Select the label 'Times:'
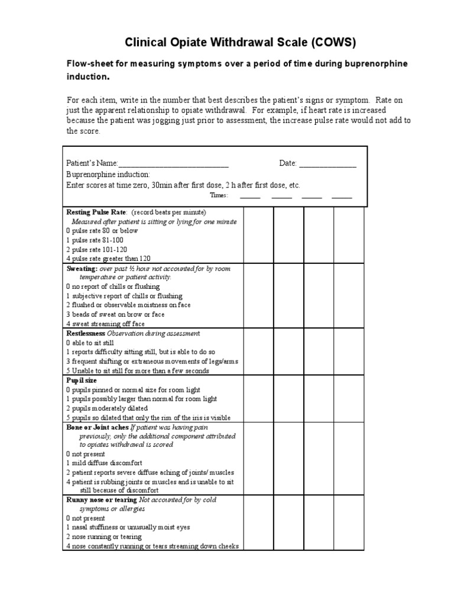pyautogui.click(x=219, y=196)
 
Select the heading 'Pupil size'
pyautogui.click(x=81, y=381)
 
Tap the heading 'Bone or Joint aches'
pyautogui.click(x=96, y=427)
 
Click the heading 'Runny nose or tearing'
pyautogui.click(x=101, y=500)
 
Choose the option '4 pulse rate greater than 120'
pyautogui.click(x=109, y=259)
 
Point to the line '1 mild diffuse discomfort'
pyautogui.click(x=104, y=463)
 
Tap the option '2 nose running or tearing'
pyautogui.click(x=103, y=537)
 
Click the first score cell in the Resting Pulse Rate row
pyautogui.click(x=258, y=235)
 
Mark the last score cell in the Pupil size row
pyautogui.click(x=349, y=399)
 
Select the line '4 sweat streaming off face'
pyautogui.click(x=105, y=324)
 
